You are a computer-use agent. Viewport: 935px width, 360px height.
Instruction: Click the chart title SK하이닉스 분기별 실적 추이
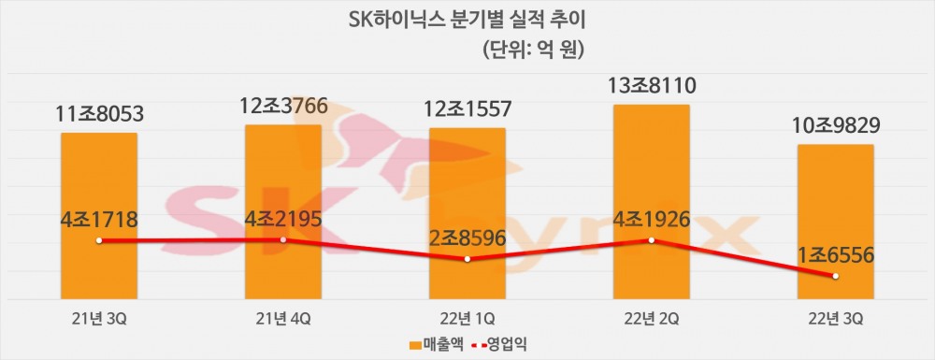click(x=467, y=19)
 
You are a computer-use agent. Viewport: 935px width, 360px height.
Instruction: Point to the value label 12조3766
click(x=283, y=106)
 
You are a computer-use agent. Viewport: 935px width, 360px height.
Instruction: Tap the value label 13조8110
click(x=651, y=87)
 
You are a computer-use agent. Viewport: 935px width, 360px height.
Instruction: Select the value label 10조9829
click(x=835, y=125)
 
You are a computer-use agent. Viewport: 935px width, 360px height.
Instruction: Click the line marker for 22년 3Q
click(x=835, y=276)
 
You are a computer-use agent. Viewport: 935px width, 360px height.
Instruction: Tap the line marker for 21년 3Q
click(x=99, y=240)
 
